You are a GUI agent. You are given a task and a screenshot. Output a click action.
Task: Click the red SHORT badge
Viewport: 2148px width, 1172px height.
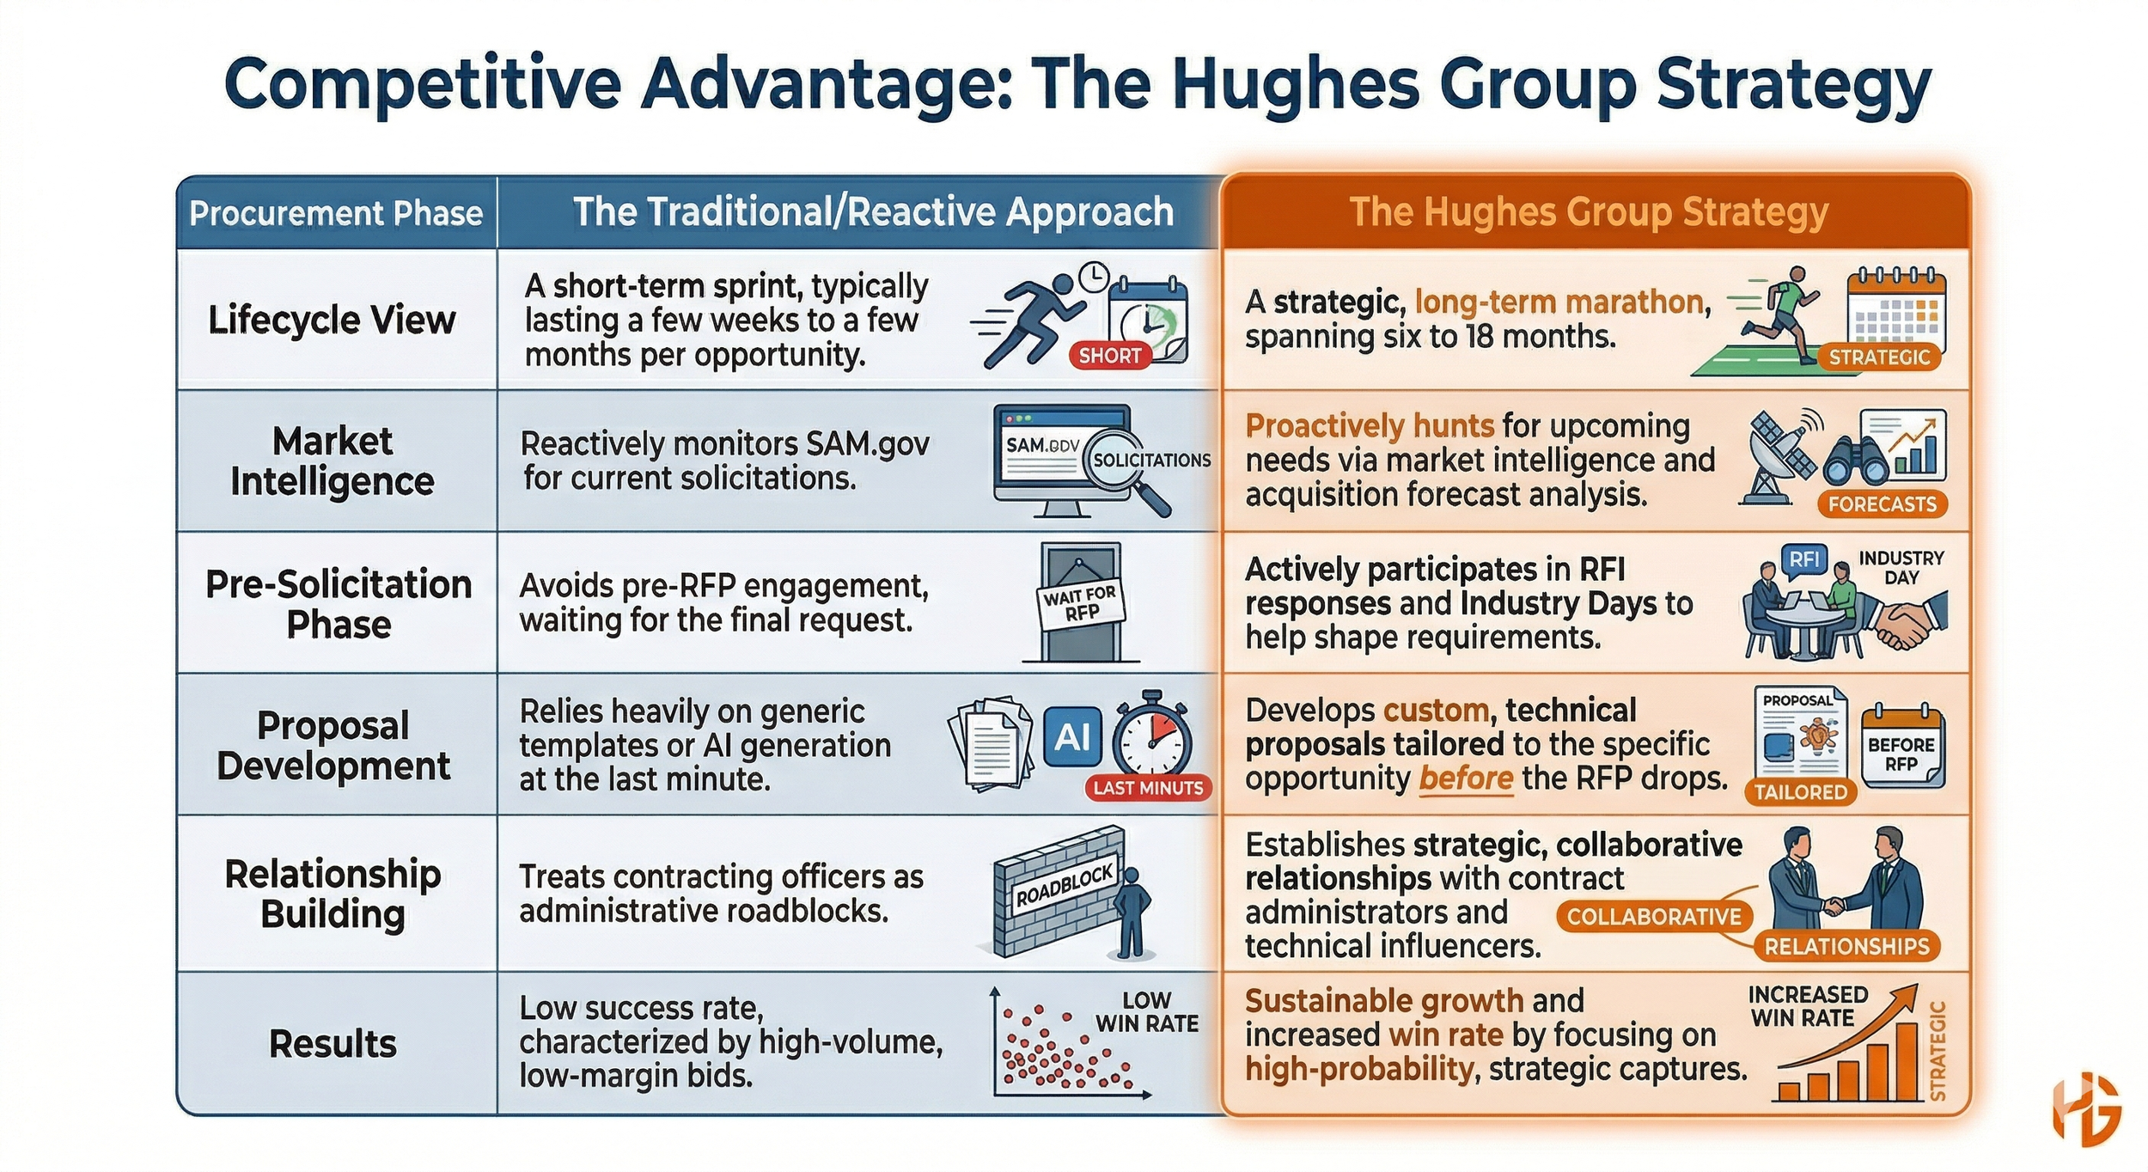pyautogui.click(x=1109, y=355)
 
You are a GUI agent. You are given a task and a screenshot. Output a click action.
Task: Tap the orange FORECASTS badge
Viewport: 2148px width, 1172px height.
pyautogui.click(x=1882, y=504)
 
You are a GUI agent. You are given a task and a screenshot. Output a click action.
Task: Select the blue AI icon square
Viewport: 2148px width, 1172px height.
pyautogui.click(x=1072, y=736)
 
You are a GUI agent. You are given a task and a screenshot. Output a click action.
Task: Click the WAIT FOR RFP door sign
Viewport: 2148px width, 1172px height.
pyautogui.click(x=1080, y=603)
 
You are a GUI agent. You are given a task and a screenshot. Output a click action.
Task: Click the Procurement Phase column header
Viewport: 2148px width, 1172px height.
pyautogui.click(x=336, y=213)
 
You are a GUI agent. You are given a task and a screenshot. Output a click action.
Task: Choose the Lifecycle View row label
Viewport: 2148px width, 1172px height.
pyautogui.click(x=332, y=320)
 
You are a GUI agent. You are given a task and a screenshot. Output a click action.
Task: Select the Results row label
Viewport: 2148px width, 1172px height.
pyautogui.click(x=333, y=1044)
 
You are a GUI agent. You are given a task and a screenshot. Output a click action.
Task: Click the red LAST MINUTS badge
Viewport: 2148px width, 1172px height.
pyautogui.click(x=1148, y=787)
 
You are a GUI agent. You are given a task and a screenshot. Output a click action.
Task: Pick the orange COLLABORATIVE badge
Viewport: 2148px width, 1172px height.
pyautogui.click(x=1653, y=916)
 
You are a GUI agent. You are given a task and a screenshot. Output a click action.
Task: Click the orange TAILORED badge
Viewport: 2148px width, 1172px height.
pyautogui.click(x=1800, y=791)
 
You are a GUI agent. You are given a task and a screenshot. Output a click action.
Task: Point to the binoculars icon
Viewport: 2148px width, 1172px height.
pyautogui.click(x=1856, y=462)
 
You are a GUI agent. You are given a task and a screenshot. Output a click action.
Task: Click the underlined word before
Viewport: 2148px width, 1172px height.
pyautogui.click(x=1465, y=778)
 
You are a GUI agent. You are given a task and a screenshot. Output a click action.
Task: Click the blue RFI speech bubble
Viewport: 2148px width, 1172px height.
pyautogui.click(x=1803, y=559)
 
